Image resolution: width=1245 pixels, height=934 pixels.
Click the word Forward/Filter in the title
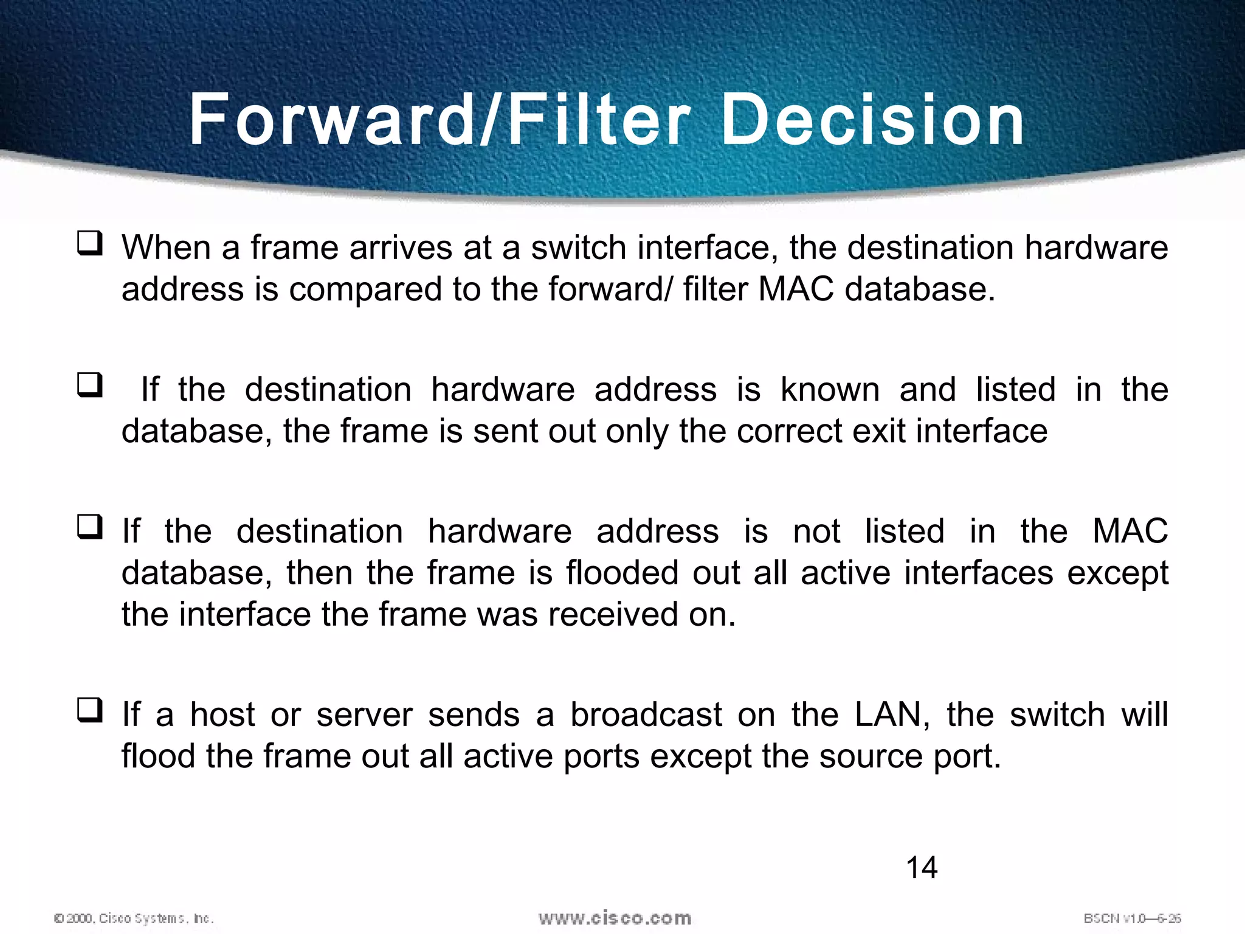click(x=440, y=120)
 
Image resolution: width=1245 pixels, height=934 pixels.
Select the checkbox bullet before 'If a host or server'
click(x=89, y=710)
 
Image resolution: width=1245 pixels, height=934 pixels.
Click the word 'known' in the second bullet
click(x=830, y=390)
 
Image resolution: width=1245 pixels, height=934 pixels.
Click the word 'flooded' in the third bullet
click(x=622, y=573)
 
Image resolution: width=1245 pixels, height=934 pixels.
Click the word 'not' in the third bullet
click(x=816, y=531)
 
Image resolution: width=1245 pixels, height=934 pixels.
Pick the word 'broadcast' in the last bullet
click(x=646, y=714)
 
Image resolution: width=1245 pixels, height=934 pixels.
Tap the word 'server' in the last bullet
click(x=364, y=714)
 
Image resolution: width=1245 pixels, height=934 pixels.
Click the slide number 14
click(x=922, y=868)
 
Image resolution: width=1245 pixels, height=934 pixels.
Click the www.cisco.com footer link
click(x=615, y=918)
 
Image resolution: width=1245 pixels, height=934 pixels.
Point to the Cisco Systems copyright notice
click(x=134, y=918)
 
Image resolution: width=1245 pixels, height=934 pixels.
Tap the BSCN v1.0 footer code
click(x=1132, y=918)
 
